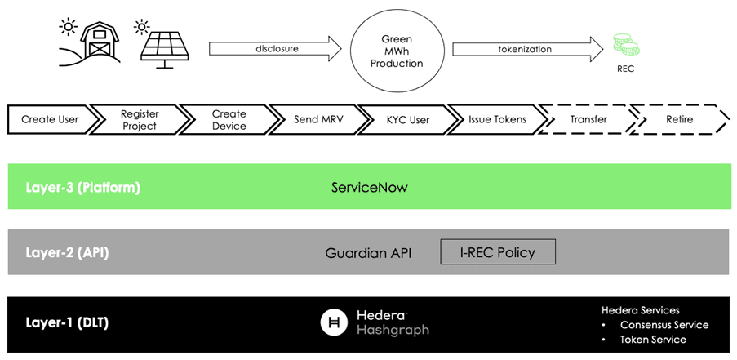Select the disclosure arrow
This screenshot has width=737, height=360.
click(x=275, y=48)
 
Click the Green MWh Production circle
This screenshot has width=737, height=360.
click(x=397, y=51)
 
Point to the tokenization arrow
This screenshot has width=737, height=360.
click(x=528, y=49)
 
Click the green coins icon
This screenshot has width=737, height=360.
click(x=626, y=45)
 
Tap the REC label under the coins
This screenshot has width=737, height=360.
click(x=626, y=69)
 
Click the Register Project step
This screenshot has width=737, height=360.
click(x=140, y=119)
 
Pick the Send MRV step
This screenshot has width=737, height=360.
click(x=318, y=119)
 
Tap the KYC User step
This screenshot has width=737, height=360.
click(x=407, y=119)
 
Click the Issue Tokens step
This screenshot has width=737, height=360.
click(x=497, y=119)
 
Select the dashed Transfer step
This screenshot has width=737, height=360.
click(x=588, y=119)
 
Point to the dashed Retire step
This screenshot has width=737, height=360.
click(x=679, y=119)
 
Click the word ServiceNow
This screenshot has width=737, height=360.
click(x=370, y=188)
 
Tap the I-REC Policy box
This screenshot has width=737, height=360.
click(x=498, y=252)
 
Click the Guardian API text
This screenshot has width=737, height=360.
click(x=369, y=253)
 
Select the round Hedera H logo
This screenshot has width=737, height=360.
click(x=335, y=323)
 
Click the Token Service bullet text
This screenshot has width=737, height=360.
click(x=653, y=340)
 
